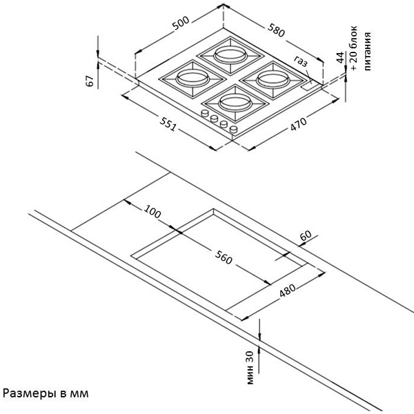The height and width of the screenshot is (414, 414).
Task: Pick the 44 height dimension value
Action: click(x=341, y=58)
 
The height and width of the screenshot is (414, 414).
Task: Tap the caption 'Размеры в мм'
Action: click(x=46, y=394)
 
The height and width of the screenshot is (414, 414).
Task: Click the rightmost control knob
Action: click(x=234, y=129)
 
